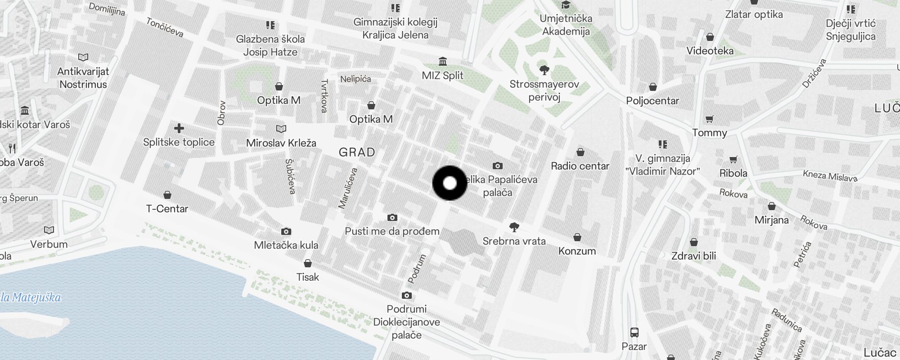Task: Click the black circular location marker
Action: (x=450, y=183)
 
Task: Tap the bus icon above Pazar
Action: (x=634, y=333)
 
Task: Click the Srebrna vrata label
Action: (x=514, y=241)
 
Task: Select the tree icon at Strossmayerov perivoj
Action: (x=544, y=70)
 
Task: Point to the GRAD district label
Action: (x=357, y=152)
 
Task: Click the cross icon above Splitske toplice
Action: (x=179, y=128)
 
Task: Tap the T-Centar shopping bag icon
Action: (x=167, y=195)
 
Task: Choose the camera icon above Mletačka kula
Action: (x=286, y=231)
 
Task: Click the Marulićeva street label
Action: (x=348, y=188)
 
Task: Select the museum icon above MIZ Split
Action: (x=443, y=61)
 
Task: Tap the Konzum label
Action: (x=577, y=251)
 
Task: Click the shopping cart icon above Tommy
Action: (x=710, y=119)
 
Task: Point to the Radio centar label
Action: (x=580, y=166)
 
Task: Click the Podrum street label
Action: (x=417, y=269)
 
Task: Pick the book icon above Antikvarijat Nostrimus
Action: (x=83, y=57)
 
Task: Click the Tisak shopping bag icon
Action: (x=308, y=263)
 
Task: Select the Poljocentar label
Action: (x=652, y=100)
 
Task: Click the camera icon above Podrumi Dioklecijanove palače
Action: (x=407, y=295)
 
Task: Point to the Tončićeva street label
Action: (x=165, y=27)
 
